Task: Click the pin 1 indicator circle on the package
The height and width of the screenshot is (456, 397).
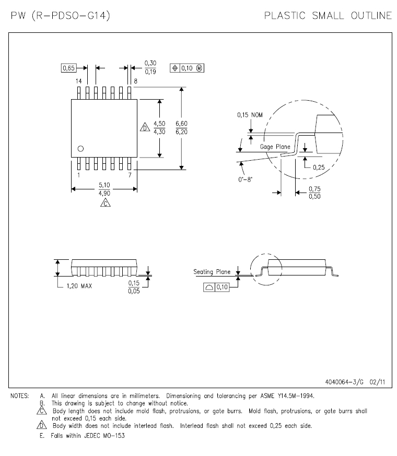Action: [x=80, y=149]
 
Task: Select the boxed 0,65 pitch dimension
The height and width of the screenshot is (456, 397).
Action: [x=69, y=68]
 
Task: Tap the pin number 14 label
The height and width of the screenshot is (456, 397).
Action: [x=78, y=81]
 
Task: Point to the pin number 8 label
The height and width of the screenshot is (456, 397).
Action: [x=135, y=81]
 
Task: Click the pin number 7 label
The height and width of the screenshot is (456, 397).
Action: [x=129, y=175]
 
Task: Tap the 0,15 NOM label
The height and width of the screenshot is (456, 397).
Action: [x=250, y=114]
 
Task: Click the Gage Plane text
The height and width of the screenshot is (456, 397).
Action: [x=275, y=147]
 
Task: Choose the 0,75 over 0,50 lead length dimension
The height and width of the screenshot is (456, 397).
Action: [x=314, y=192]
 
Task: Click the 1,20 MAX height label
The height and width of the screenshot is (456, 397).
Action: [x=79, y=286]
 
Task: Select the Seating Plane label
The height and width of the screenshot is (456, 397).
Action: [x=212, y=271]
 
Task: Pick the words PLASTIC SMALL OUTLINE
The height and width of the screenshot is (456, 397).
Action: [x=328, y=16]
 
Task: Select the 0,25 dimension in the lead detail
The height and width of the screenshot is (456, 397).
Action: [x=319, y=167]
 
